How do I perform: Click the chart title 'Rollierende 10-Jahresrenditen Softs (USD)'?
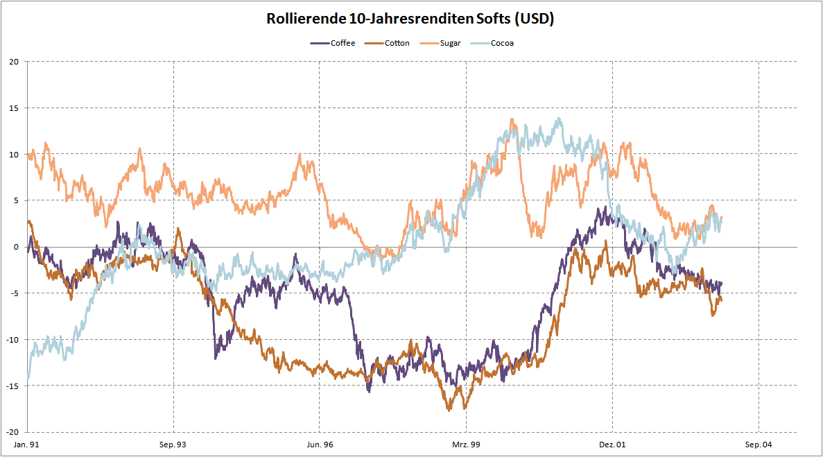pos(410,19)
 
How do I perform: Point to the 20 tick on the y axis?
pos(14,62)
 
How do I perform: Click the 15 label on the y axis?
pos(14,108)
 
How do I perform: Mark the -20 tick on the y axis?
pos(12,431)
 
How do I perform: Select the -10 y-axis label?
pos(12,339)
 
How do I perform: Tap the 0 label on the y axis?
pos(16,247)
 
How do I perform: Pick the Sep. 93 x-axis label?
pos(173,444)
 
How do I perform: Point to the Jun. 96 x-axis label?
pos(320,444)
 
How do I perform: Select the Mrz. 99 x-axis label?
pos(466,444)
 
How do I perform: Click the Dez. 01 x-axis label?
pos(612,444)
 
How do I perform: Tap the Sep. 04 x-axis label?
pos(759,444)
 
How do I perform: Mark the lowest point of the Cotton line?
pos(449,410)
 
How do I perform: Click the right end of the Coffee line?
pos(722,282)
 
